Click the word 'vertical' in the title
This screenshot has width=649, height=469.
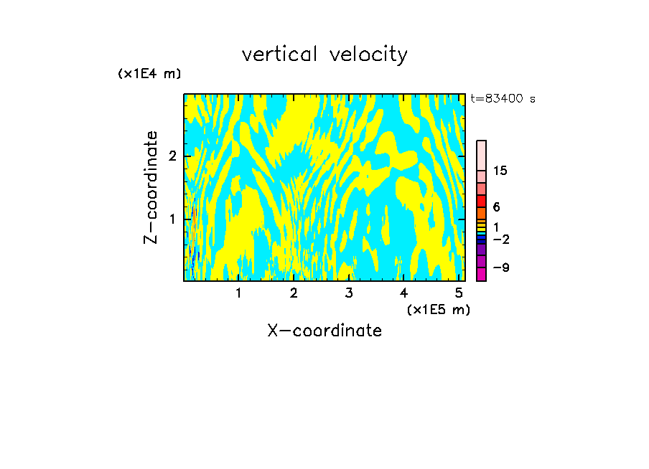click(276, 55)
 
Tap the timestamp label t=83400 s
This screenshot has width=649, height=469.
click(503, 99)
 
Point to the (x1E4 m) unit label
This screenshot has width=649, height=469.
click(149, 74)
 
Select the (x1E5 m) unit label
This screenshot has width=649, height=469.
click(438, 309)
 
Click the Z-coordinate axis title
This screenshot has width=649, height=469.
click(151, 187)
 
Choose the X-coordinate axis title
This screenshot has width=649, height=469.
click(324, 331)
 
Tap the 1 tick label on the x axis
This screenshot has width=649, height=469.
click(238, 293)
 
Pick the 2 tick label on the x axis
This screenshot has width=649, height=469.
click(294, 293)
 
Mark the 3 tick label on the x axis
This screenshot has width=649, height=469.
click(349, 293)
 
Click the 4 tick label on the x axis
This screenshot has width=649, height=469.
click(404, 293)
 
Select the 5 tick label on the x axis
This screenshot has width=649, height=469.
click(459, 293)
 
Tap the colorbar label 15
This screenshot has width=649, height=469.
click(500, 171)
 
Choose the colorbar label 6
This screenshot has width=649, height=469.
click(497, 207)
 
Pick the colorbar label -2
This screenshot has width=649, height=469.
click(500, 239)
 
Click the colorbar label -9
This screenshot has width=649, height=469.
click(500, 267)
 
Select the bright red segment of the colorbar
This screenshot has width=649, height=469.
click(481, 201)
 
